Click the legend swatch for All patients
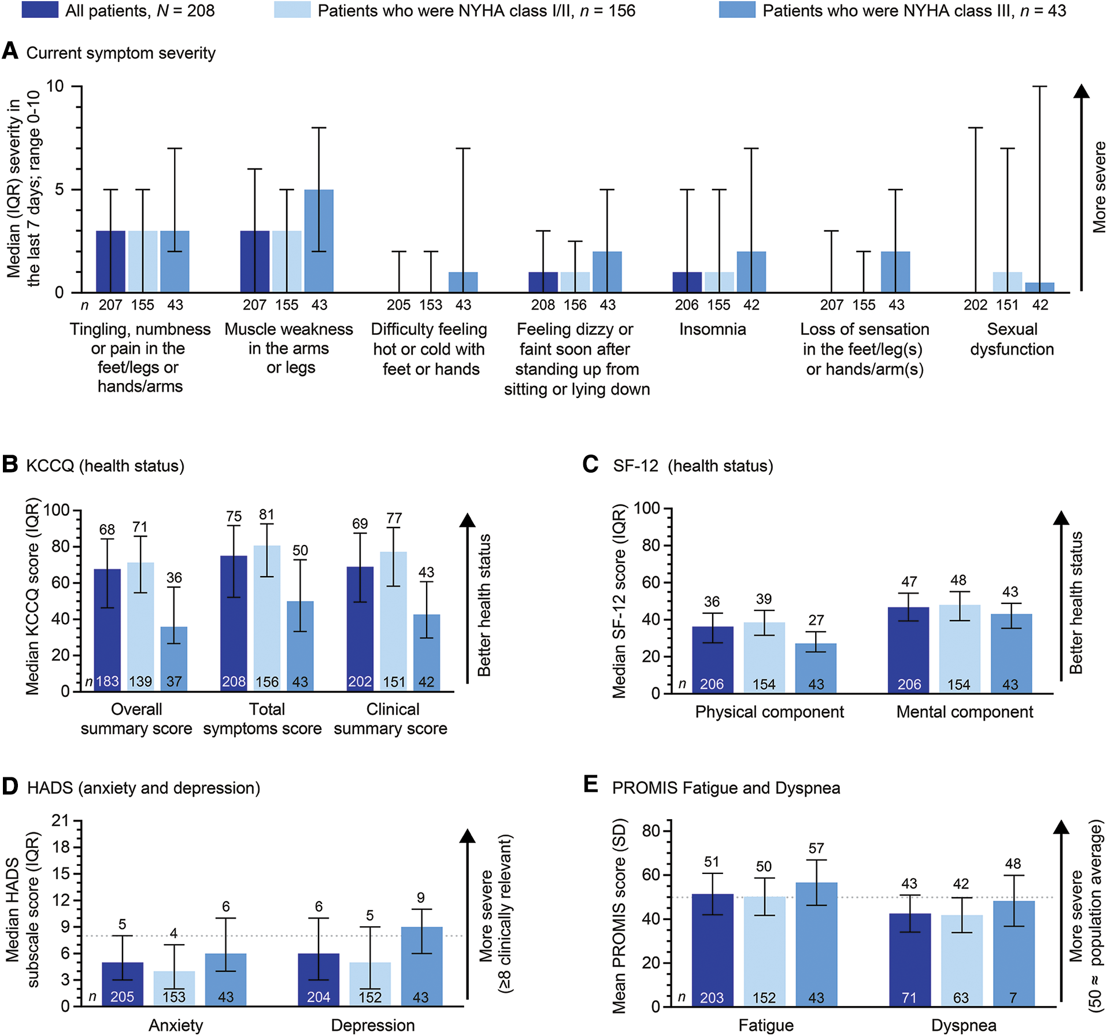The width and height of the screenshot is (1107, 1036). click(x=40, y=10)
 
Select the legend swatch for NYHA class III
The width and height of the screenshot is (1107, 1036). click(x=736, y=10)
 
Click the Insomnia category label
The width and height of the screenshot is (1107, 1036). click(x=712, y=329)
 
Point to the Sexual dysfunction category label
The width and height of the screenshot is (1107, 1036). click(x=1012, y=339)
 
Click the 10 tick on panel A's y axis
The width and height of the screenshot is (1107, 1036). click(x=55, y=87)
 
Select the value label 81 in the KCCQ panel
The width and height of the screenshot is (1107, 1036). click(x=266, y=515)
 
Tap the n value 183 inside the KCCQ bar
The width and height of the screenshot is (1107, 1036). click(x=108, y=681)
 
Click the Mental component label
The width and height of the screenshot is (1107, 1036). click(x=964, y=711)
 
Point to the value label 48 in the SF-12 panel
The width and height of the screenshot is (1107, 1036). click(x=958, y=580)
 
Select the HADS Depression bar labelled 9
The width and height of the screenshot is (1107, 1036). click(x=421, y=966)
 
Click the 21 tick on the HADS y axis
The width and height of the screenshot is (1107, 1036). click(x=60, y=821)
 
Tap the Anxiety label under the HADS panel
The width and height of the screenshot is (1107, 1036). click(x=176, y=1025)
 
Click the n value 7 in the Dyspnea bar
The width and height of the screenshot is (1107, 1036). click(x=1013, y=998)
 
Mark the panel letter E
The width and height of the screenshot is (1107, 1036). click(x=591, y=784)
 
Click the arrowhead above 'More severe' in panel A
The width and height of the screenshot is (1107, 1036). click(x=1082, y=91)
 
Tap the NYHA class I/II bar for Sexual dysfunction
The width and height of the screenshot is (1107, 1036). click(x=1008, y=282)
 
